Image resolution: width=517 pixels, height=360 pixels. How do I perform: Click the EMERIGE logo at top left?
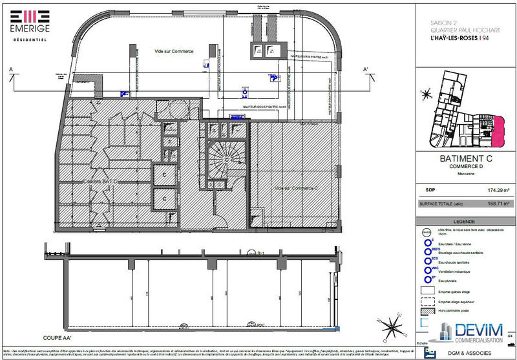click(28, 26)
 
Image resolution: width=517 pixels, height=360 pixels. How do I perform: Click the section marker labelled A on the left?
click(11, 70)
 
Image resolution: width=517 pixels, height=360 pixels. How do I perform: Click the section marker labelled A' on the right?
click(366, 70)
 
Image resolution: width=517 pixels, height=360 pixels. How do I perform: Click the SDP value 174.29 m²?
click(498, 191)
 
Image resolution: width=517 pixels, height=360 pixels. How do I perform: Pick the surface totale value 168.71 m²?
click(498, 203)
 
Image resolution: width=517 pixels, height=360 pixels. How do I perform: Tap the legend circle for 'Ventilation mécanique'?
click(428, 270)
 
